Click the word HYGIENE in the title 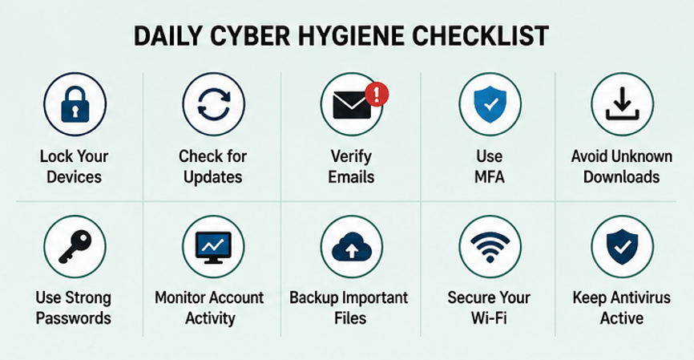click(x=352, y=36)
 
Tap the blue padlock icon click(x=75, y=104)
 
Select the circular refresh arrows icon click(x=214, y=104)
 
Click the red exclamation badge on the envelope click(x=377, y=95)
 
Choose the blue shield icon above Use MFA click(x=490, y=104)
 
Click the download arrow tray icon click(x=623, y=104)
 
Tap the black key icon click(x=75, y=247)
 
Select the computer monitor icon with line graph click(x=213, y=248)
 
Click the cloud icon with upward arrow click(x=352, y=247)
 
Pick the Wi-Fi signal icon click(x=490, y=247)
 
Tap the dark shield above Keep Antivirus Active click(x=623, y=247)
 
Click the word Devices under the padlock click(x=74, y=176)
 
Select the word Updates click(x=213, y=177)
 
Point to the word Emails click(x=352, y=176)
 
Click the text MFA click(x=490, y=177)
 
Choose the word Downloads click(x=621, y=176)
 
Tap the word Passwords click(x=74, y=318)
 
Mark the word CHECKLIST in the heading click(x=480, y=36)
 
